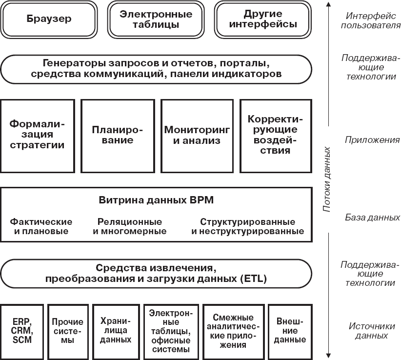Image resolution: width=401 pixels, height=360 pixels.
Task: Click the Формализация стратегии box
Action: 38,136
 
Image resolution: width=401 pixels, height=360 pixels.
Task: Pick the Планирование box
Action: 118,136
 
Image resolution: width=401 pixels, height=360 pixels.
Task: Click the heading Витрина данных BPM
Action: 156,200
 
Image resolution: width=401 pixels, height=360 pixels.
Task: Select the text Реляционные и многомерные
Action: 129,226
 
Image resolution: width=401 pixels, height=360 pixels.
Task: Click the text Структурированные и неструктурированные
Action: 247,226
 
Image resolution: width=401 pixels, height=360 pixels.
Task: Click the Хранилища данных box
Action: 116,330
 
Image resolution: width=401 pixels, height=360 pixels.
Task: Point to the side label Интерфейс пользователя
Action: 369,20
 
